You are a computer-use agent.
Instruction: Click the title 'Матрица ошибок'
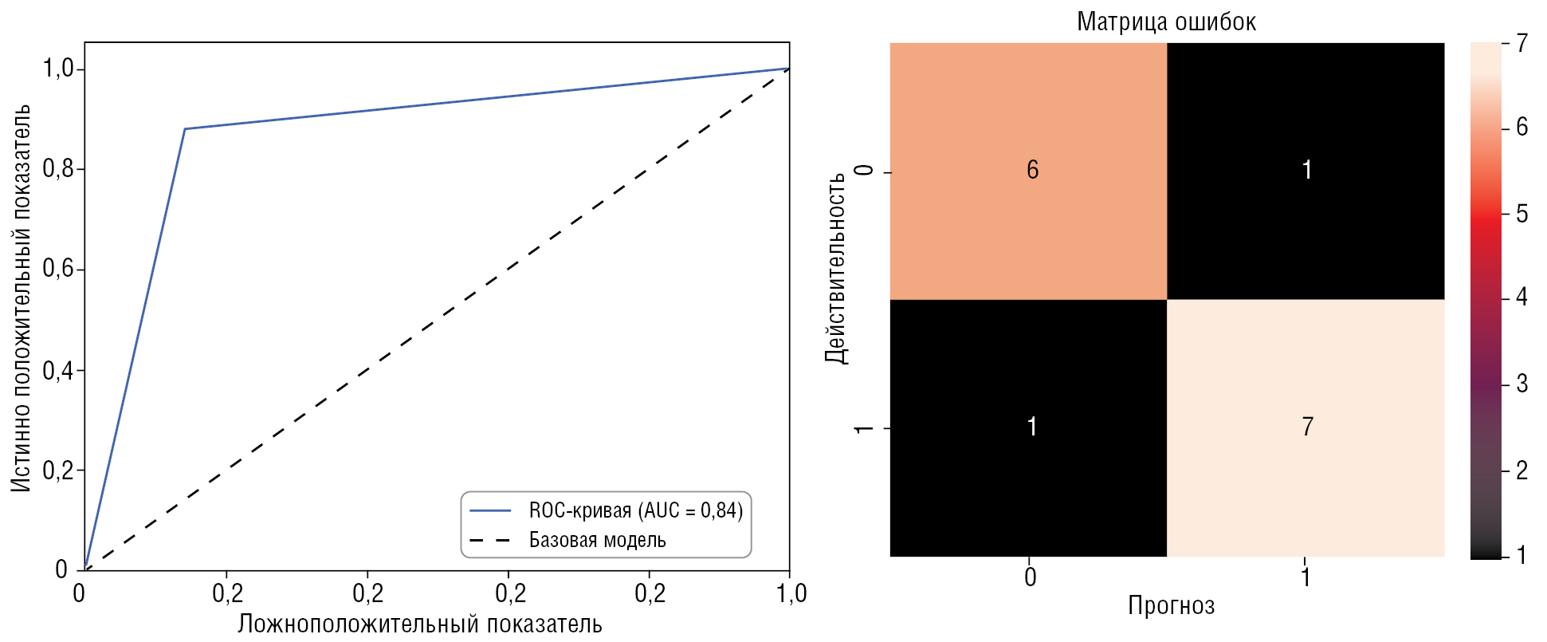pos(1166,22)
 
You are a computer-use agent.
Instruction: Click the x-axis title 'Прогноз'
pos(1170,606)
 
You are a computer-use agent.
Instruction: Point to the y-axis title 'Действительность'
pos(835,268)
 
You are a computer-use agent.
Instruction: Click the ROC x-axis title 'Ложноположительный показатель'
pos(419,624)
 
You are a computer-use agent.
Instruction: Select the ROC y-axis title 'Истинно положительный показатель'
pos(22,297)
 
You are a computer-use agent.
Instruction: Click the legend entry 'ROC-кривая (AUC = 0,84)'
pos(635,510)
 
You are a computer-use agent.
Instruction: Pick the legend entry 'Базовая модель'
pos(597,541)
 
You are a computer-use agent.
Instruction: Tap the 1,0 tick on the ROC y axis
pos(58,69)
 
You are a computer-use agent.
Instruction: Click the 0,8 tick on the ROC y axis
pos(58,169)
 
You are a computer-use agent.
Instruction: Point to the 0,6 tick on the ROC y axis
pos(58,269)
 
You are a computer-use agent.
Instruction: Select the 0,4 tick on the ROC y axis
pos(58,371)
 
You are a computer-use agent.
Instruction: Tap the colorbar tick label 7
pos(1522,43)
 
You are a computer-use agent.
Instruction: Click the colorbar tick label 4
pos(1522,297)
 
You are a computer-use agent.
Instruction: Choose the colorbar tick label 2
pos(1522,471)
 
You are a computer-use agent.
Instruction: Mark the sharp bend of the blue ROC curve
pos(185,128)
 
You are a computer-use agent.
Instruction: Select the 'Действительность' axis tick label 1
pos(863,428)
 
